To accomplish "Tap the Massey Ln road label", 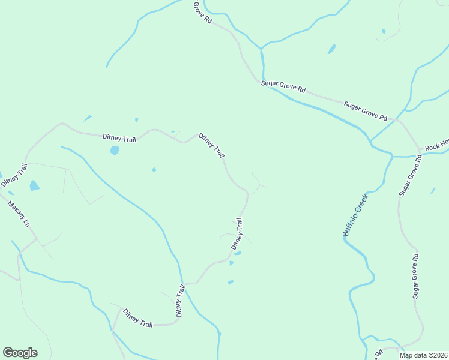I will click(x=19, y=214).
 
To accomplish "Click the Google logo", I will click(x=20, y=353).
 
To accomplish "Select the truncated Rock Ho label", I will click(x=436, y=145).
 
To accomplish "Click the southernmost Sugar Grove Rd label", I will click(x=415, y=276).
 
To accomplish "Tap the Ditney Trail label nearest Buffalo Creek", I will click(x=237, y=234).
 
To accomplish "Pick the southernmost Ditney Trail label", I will click(x=137, y=318).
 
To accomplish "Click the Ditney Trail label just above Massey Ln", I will click(x=14, y=174).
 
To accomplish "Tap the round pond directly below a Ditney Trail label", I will click(x=115, y=150).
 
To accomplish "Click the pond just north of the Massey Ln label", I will click(x=34, y=185).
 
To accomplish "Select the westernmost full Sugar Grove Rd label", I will click(x=283, y=87).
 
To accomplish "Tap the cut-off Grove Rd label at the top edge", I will click(x=203, y=12).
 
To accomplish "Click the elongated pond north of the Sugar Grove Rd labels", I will click(x=331, y=49).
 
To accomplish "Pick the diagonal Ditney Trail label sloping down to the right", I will click(x=212, y=145).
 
